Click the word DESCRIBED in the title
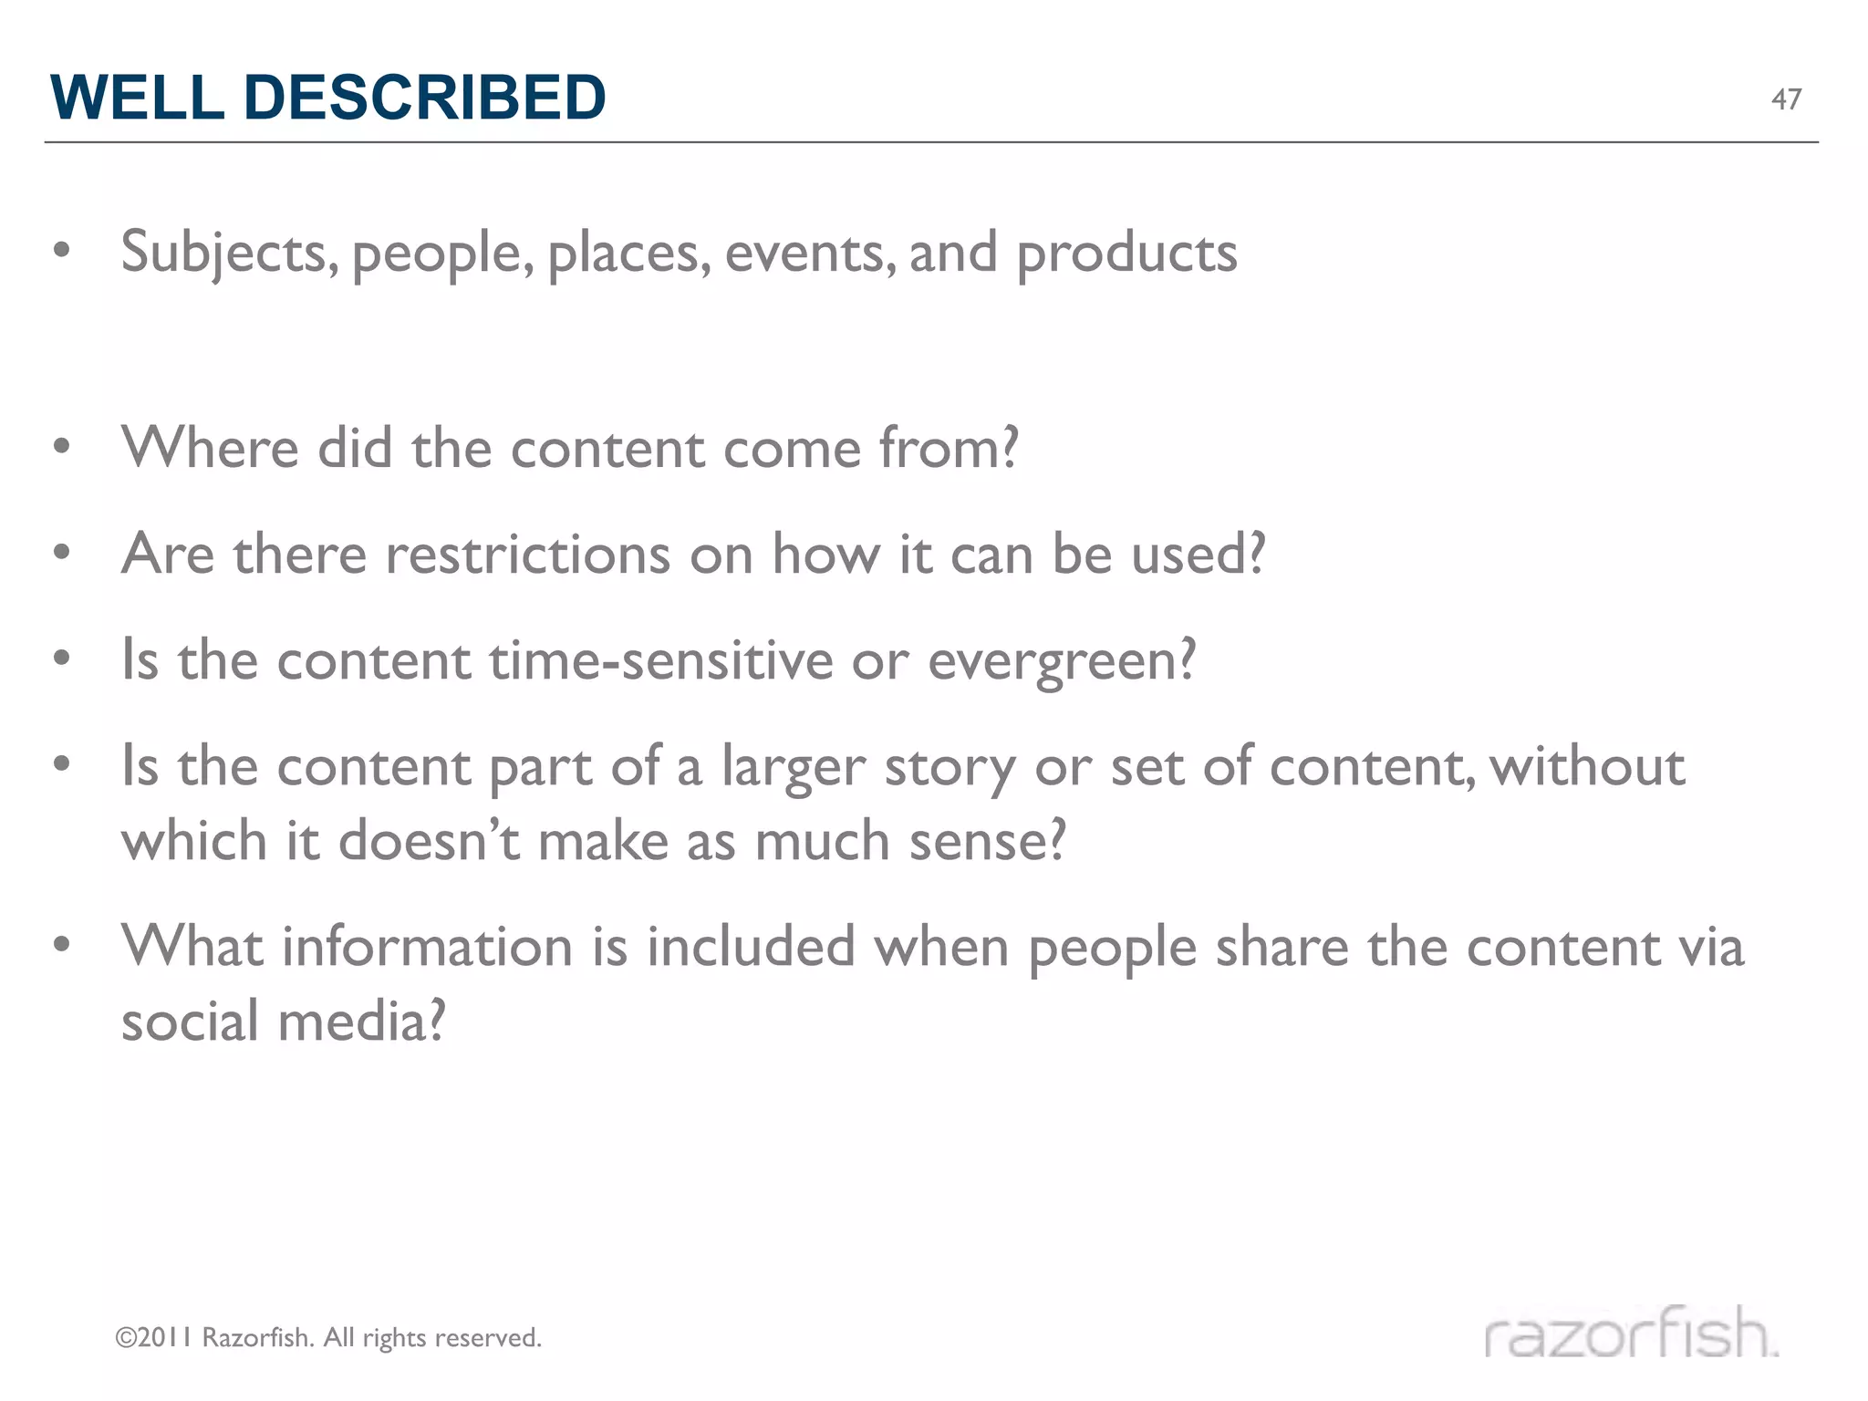coord(424,97)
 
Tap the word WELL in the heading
coord(137,97)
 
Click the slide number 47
coord(1786,99)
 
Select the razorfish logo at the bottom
coord(1631,1334)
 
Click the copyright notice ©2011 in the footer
coord(153,1338)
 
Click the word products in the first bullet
coord(1126,253)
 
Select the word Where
coord(211,448)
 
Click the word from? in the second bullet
coord(948,448)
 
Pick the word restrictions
coord(528,554)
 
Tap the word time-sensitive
coord(661,659)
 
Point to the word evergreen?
coord(1061,661)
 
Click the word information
coord(428,946)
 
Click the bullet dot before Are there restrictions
coord(61,553)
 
